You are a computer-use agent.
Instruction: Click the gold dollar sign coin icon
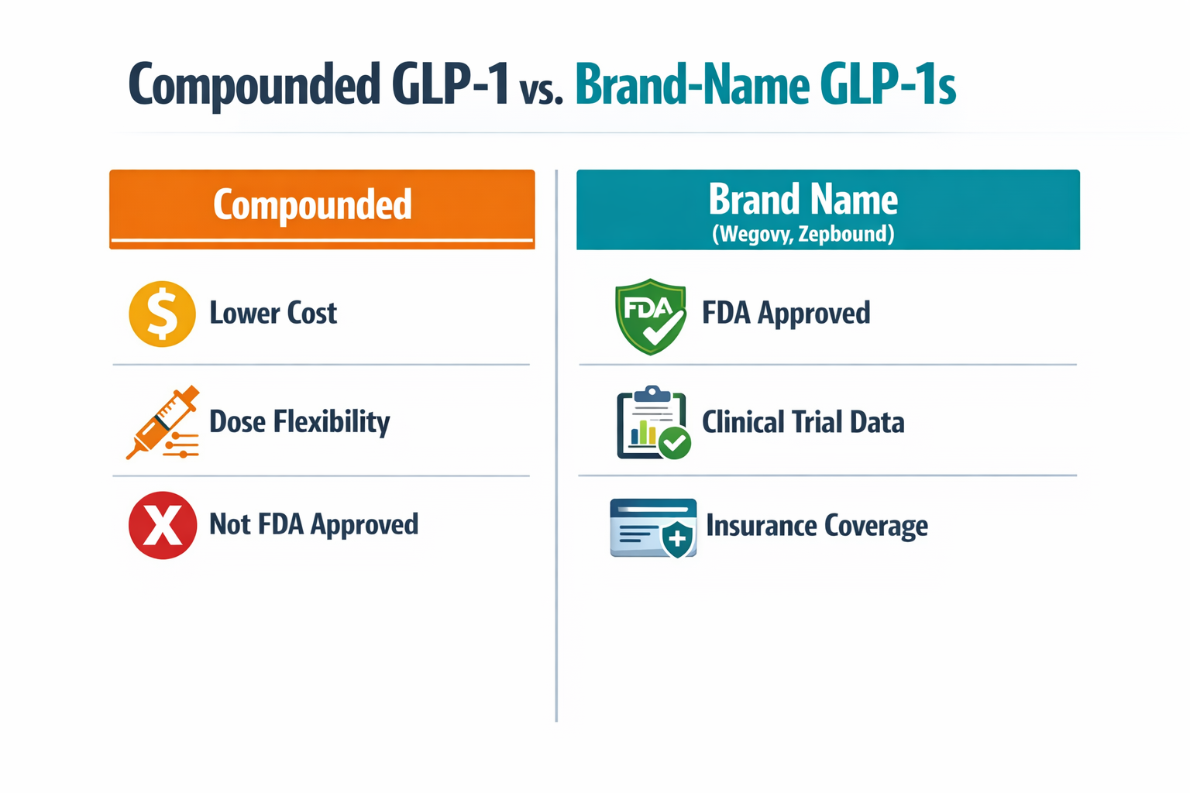(x=162, y=314)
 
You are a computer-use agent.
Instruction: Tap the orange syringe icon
(x=163, y=423)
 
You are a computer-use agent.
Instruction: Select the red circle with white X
(x=162, y=525)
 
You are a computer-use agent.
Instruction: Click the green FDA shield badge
(x=650, y=316)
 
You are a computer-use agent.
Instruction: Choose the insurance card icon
(x=653, y=527)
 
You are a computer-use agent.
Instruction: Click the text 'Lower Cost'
(x=273, y=314)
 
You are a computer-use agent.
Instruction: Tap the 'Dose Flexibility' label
(x=299, y=422)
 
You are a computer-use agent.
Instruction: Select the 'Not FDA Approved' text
(x=313, y=524)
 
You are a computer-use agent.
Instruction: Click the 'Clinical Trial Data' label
(x=803, y=423)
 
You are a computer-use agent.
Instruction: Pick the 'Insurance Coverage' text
(x=817, y=526)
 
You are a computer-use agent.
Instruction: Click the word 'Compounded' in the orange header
(x=312, y=205)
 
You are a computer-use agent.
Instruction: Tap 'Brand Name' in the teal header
(x=803, y=200)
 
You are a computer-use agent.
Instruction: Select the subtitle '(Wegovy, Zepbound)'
(x=803, y=234)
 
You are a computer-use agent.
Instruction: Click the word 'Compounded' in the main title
(x=253, y=85)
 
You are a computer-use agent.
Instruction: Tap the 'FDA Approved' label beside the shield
(x=786, y=314)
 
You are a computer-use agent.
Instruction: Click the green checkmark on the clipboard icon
(x=675, y=443)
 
